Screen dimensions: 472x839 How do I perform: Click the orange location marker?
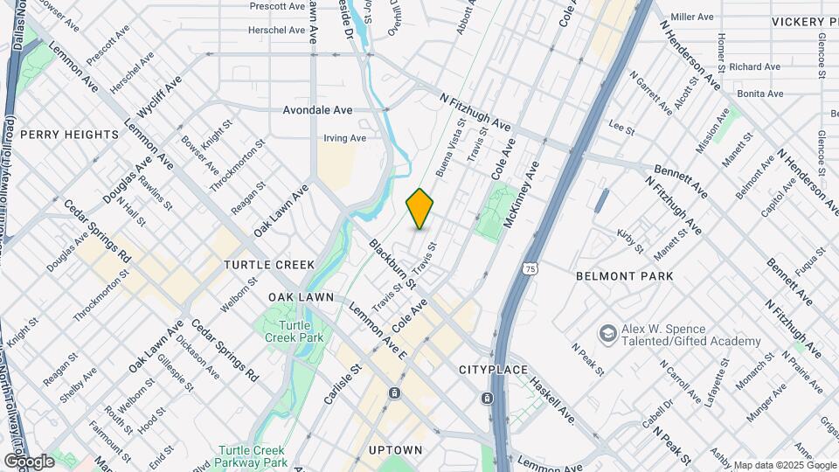pos(420,209)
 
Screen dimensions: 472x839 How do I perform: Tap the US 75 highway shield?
pos(530,269)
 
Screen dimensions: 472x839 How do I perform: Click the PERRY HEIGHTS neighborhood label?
pos(69,135)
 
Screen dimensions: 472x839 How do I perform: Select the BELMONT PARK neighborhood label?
pos(625,276)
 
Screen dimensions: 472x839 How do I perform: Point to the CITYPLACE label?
pos(494,370)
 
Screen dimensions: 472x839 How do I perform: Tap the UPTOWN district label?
pos(396,450)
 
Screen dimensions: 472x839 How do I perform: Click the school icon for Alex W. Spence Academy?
pos(607,334)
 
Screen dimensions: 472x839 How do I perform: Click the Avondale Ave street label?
pos(317,110)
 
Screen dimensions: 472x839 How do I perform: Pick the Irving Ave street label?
pos(344,138)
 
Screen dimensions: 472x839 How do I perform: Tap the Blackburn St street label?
pos(392,264)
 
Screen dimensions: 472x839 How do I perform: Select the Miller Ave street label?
pos(693,17)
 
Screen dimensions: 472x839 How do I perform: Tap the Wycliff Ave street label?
pos(160,97)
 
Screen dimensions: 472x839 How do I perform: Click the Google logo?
pos(30,461)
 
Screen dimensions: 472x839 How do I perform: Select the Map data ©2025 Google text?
pos(784,465)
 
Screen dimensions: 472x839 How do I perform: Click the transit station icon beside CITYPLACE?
pos(488,398)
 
